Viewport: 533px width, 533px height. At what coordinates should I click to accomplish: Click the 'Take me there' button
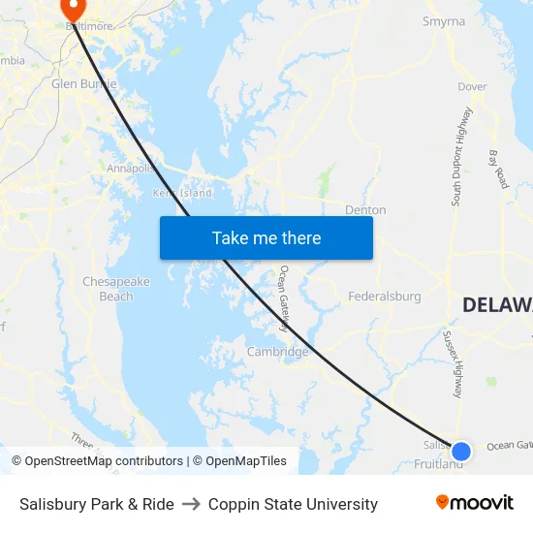(266, 237)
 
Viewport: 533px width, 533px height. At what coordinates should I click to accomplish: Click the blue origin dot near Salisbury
(461, 451)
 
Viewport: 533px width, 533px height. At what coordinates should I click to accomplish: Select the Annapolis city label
(131, 168)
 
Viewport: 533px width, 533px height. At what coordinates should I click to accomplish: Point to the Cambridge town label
(278, 352)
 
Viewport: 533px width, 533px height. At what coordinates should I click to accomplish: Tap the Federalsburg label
(385, 296)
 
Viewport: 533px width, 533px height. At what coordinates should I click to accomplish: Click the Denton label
(365, 209)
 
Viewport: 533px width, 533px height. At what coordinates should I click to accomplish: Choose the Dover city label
(472, 86)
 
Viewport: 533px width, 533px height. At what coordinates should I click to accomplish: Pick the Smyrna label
(444, 21)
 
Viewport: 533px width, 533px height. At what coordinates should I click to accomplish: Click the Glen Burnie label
(83, 83)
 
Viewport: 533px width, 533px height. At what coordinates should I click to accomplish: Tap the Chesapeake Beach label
(116, 289)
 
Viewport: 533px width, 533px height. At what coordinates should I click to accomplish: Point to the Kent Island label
(182, 193)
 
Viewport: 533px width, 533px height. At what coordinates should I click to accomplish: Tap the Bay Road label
(498, 169)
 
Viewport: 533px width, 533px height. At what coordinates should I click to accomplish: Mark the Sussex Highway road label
(454, 364)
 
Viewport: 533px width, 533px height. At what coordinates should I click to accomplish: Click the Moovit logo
(475, 503)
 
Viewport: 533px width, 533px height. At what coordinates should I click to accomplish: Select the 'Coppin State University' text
(293, 504)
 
